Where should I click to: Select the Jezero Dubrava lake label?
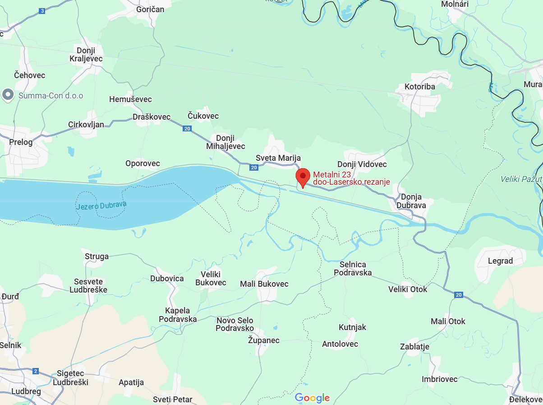(101, 205)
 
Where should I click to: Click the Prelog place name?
(21, 142)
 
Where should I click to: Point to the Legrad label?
(500, 261)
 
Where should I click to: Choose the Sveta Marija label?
(278, 158)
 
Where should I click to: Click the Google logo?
(312, 398)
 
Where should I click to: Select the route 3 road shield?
(42, 11)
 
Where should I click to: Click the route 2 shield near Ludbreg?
(36, 372)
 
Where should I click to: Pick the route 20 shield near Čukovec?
(187, 129)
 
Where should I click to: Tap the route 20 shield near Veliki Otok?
(459, 295)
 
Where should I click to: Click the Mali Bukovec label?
(264, 284)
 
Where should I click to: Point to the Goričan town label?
(150, 9)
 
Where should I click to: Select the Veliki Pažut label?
(520, 179)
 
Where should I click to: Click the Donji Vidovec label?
(362, 164)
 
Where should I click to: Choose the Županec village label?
(264, 340)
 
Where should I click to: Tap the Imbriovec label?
(440, 379)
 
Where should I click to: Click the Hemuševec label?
(130, 99)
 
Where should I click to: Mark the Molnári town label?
(455, 4)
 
